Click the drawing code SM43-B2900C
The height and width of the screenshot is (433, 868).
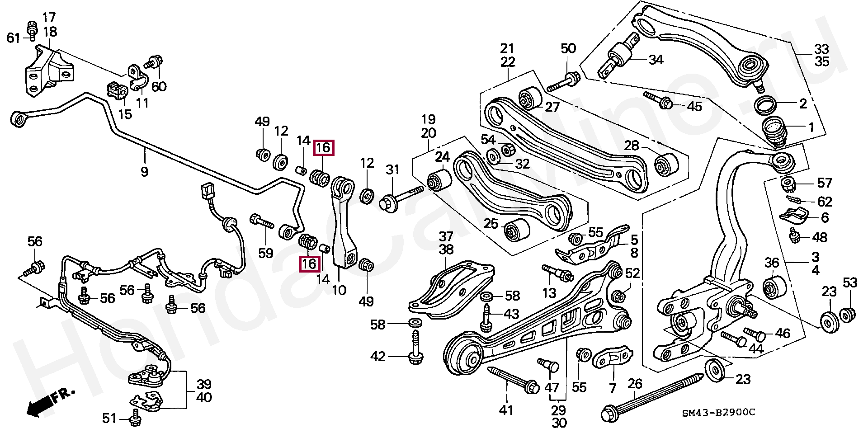tap(718, 413)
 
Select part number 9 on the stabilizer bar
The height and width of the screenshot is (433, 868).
tap(144, 172)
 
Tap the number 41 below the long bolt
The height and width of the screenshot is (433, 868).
tap(506, 410)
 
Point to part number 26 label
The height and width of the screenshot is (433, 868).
tap(635, 384)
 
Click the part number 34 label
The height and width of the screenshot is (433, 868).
tap(656, 59)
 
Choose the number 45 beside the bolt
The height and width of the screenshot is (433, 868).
tap(694, 106)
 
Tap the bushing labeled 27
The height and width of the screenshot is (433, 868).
tap(530, 98)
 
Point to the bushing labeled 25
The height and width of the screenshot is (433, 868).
tap(516, 230)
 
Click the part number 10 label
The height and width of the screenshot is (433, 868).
tap(339, 290)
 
